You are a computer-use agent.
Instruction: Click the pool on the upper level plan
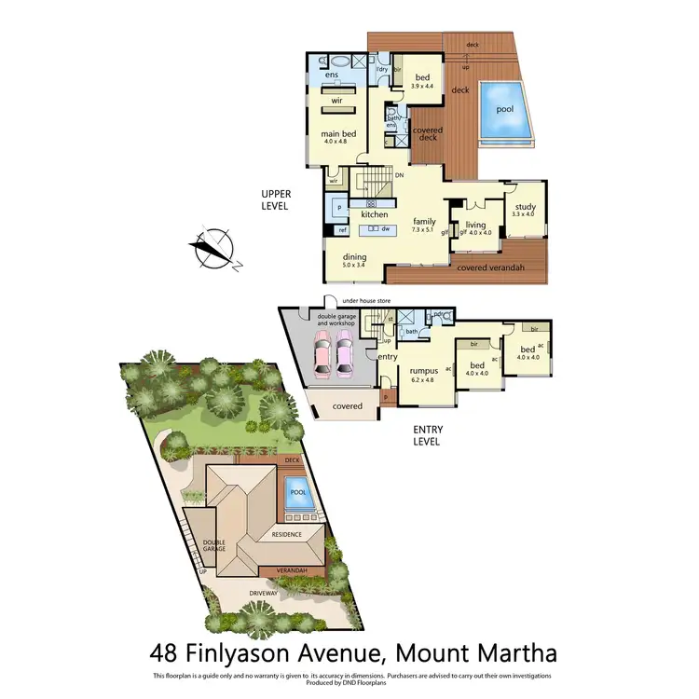[x=504, y=115]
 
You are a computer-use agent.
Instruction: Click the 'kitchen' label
[x=374, y=214]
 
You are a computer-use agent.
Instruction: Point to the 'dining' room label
[x=353, y=256]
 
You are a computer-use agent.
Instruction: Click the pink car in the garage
[x=322, y=357]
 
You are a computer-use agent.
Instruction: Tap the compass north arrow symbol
[x=213, y=248]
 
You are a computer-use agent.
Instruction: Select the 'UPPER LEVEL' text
[x=277, y=199]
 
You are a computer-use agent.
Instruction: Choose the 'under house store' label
[x=366, y=301]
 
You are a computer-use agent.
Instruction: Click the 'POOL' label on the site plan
[x=297, y=492]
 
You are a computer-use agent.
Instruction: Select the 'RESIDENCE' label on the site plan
[x=286, y=535]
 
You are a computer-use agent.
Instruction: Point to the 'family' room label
[x=425, y=221]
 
